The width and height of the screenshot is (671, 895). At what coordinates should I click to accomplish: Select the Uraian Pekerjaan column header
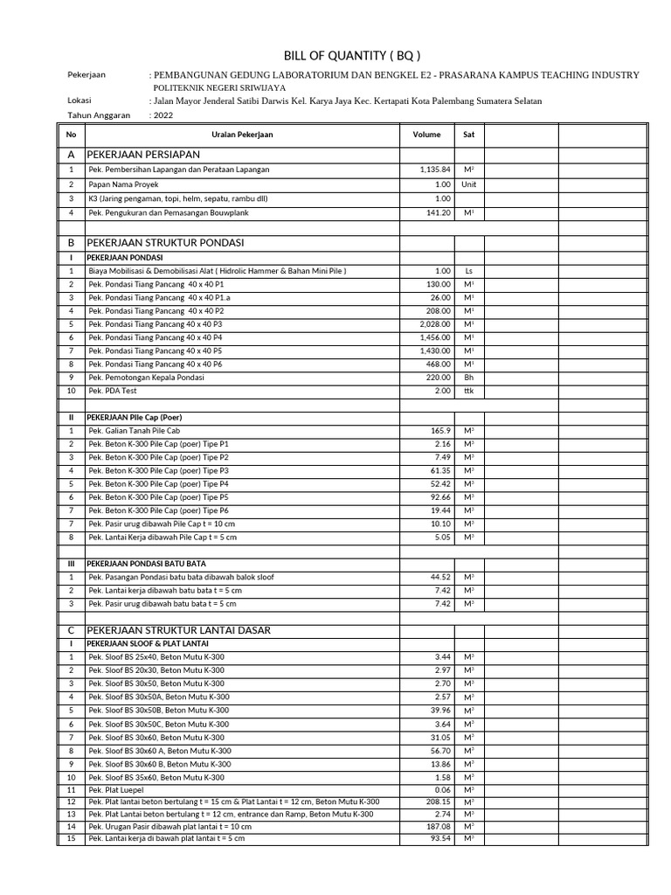pyautogui.click(x=242, y=135)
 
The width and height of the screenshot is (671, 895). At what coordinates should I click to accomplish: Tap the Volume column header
pyautogui.click(x=426, y=135)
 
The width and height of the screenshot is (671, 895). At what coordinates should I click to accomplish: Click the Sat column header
pyautogui.click(x=468, y=135)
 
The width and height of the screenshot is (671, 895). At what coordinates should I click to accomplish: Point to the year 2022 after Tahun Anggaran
pyautogui.click(x=163, y=114)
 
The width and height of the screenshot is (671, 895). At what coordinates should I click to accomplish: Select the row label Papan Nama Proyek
pyautogui.click(x=123, y=184)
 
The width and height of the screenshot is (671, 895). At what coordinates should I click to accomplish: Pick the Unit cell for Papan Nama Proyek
pyautogui.click(x=468, y=184)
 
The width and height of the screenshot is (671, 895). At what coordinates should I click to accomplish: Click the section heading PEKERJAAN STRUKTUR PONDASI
pyautogui.click(x=166, y=241)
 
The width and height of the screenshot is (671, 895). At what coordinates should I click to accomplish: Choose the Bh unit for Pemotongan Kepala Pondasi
pyautogui.click(x=468, y=378)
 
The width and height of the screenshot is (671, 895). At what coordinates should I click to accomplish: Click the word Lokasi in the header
pyautogui.click(x=80, y=101)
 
